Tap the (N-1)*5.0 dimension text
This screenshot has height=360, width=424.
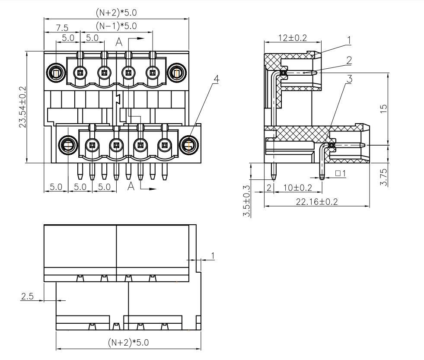[116, 26]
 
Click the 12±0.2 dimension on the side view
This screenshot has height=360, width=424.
[292, 38]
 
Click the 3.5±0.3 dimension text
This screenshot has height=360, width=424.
[247, 201]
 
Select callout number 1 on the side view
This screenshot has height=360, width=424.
[349, 40]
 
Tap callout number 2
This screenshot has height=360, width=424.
[349, 59]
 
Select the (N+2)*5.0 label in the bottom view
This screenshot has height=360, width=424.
[129, 343]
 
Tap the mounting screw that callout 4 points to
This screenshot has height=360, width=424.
[189, 145]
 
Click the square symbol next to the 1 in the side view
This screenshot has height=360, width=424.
[338, 173]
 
